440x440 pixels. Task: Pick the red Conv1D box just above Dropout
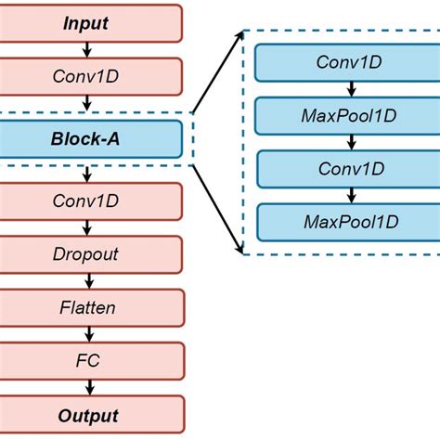tap(85, 200)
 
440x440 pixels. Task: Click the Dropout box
tap(85, 252)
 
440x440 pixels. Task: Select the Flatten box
tap(85, 305)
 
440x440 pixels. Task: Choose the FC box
tap(85, 358)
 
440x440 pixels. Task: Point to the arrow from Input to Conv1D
tap(85, 47)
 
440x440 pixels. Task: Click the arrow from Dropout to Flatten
tap(85, 278)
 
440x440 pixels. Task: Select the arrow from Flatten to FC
tap(85, 331)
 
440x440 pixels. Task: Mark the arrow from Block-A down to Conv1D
tap(85, 174)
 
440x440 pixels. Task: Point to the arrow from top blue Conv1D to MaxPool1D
tap(351, 89)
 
